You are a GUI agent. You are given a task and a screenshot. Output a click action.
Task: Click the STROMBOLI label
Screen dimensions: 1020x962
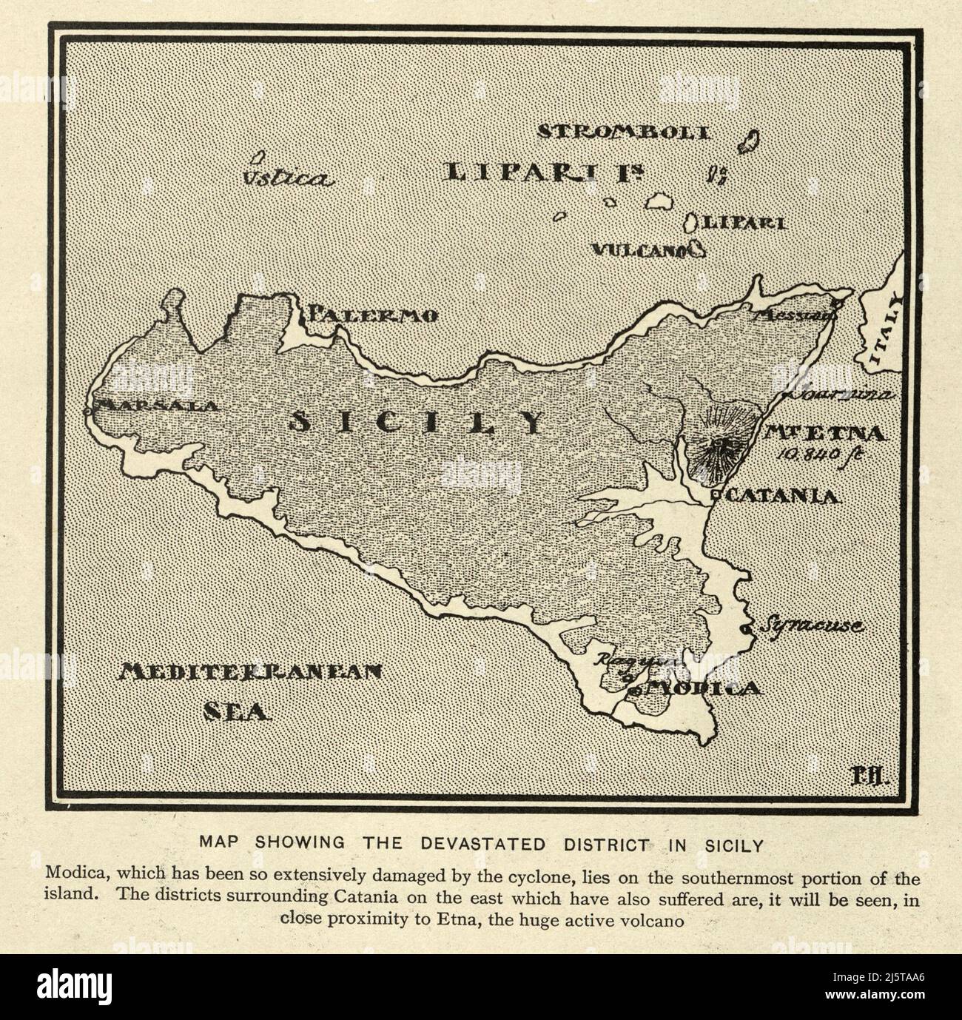pyautogui.click(x=623, y=133)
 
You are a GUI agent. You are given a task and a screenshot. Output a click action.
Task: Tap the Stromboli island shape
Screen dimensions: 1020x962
pyautogui.click(x=753, y=141)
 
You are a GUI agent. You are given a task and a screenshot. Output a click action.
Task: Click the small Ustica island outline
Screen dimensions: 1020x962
pyautogui.click(x=258, y=158)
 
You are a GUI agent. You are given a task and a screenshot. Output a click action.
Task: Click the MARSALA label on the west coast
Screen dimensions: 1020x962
pyautogui.click(x=158, y=406)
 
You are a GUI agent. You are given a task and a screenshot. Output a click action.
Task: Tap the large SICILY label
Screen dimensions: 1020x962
pyautogui.click(x=415, y=423)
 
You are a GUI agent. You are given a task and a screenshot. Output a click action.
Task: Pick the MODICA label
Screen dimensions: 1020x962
pyautogui.click(x=699, y=688)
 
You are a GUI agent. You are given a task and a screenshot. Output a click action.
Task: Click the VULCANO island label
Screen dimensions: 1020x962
pyautogui.click(x=637, y=251)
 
